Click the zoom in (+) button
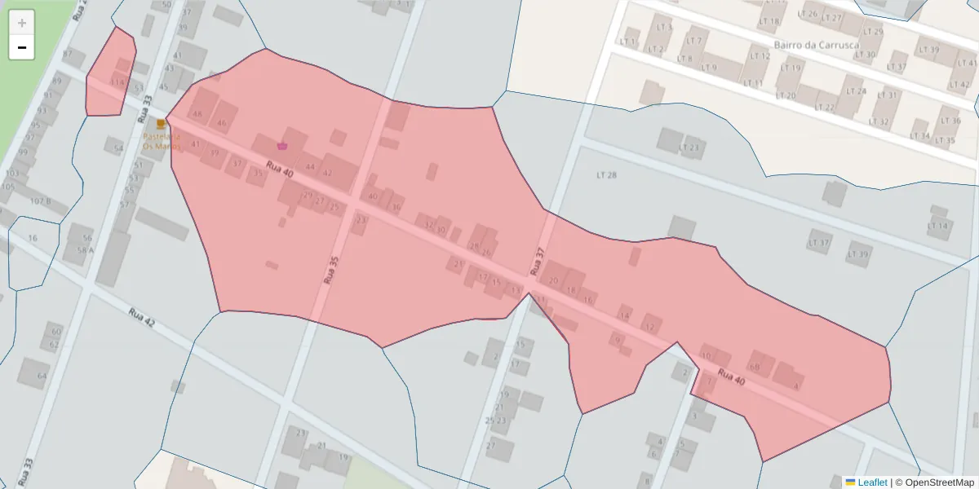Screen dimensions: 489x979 [22, 22]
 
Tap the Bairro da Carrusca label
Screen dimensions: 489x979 [816, 45]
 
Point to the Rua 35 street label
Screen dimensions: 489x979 [330, 269]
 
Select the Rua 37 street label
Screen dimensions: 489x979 [536, 260]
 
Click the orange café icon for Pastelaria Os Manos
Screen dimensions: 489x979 [161, 124]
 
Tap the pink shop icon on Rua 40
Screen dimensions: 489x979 [282, 146]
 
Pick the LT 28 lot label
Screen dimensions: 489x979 [606, 175]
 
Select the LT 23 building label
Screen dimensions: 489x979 [690, 148]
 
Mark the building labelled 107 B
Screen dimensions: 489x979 [41, 201]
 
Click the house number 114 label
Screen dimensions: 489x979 [117, 82]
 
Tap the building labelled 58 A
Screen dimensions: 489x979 [85, 250]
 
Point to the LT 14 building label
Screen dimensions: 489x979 [938, 226]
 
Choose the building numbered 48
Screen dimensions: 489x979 [197, 114]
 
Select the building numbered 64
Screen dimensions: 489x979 [42, 376]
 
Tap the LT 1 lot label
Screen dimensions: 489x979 [627, 42]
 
